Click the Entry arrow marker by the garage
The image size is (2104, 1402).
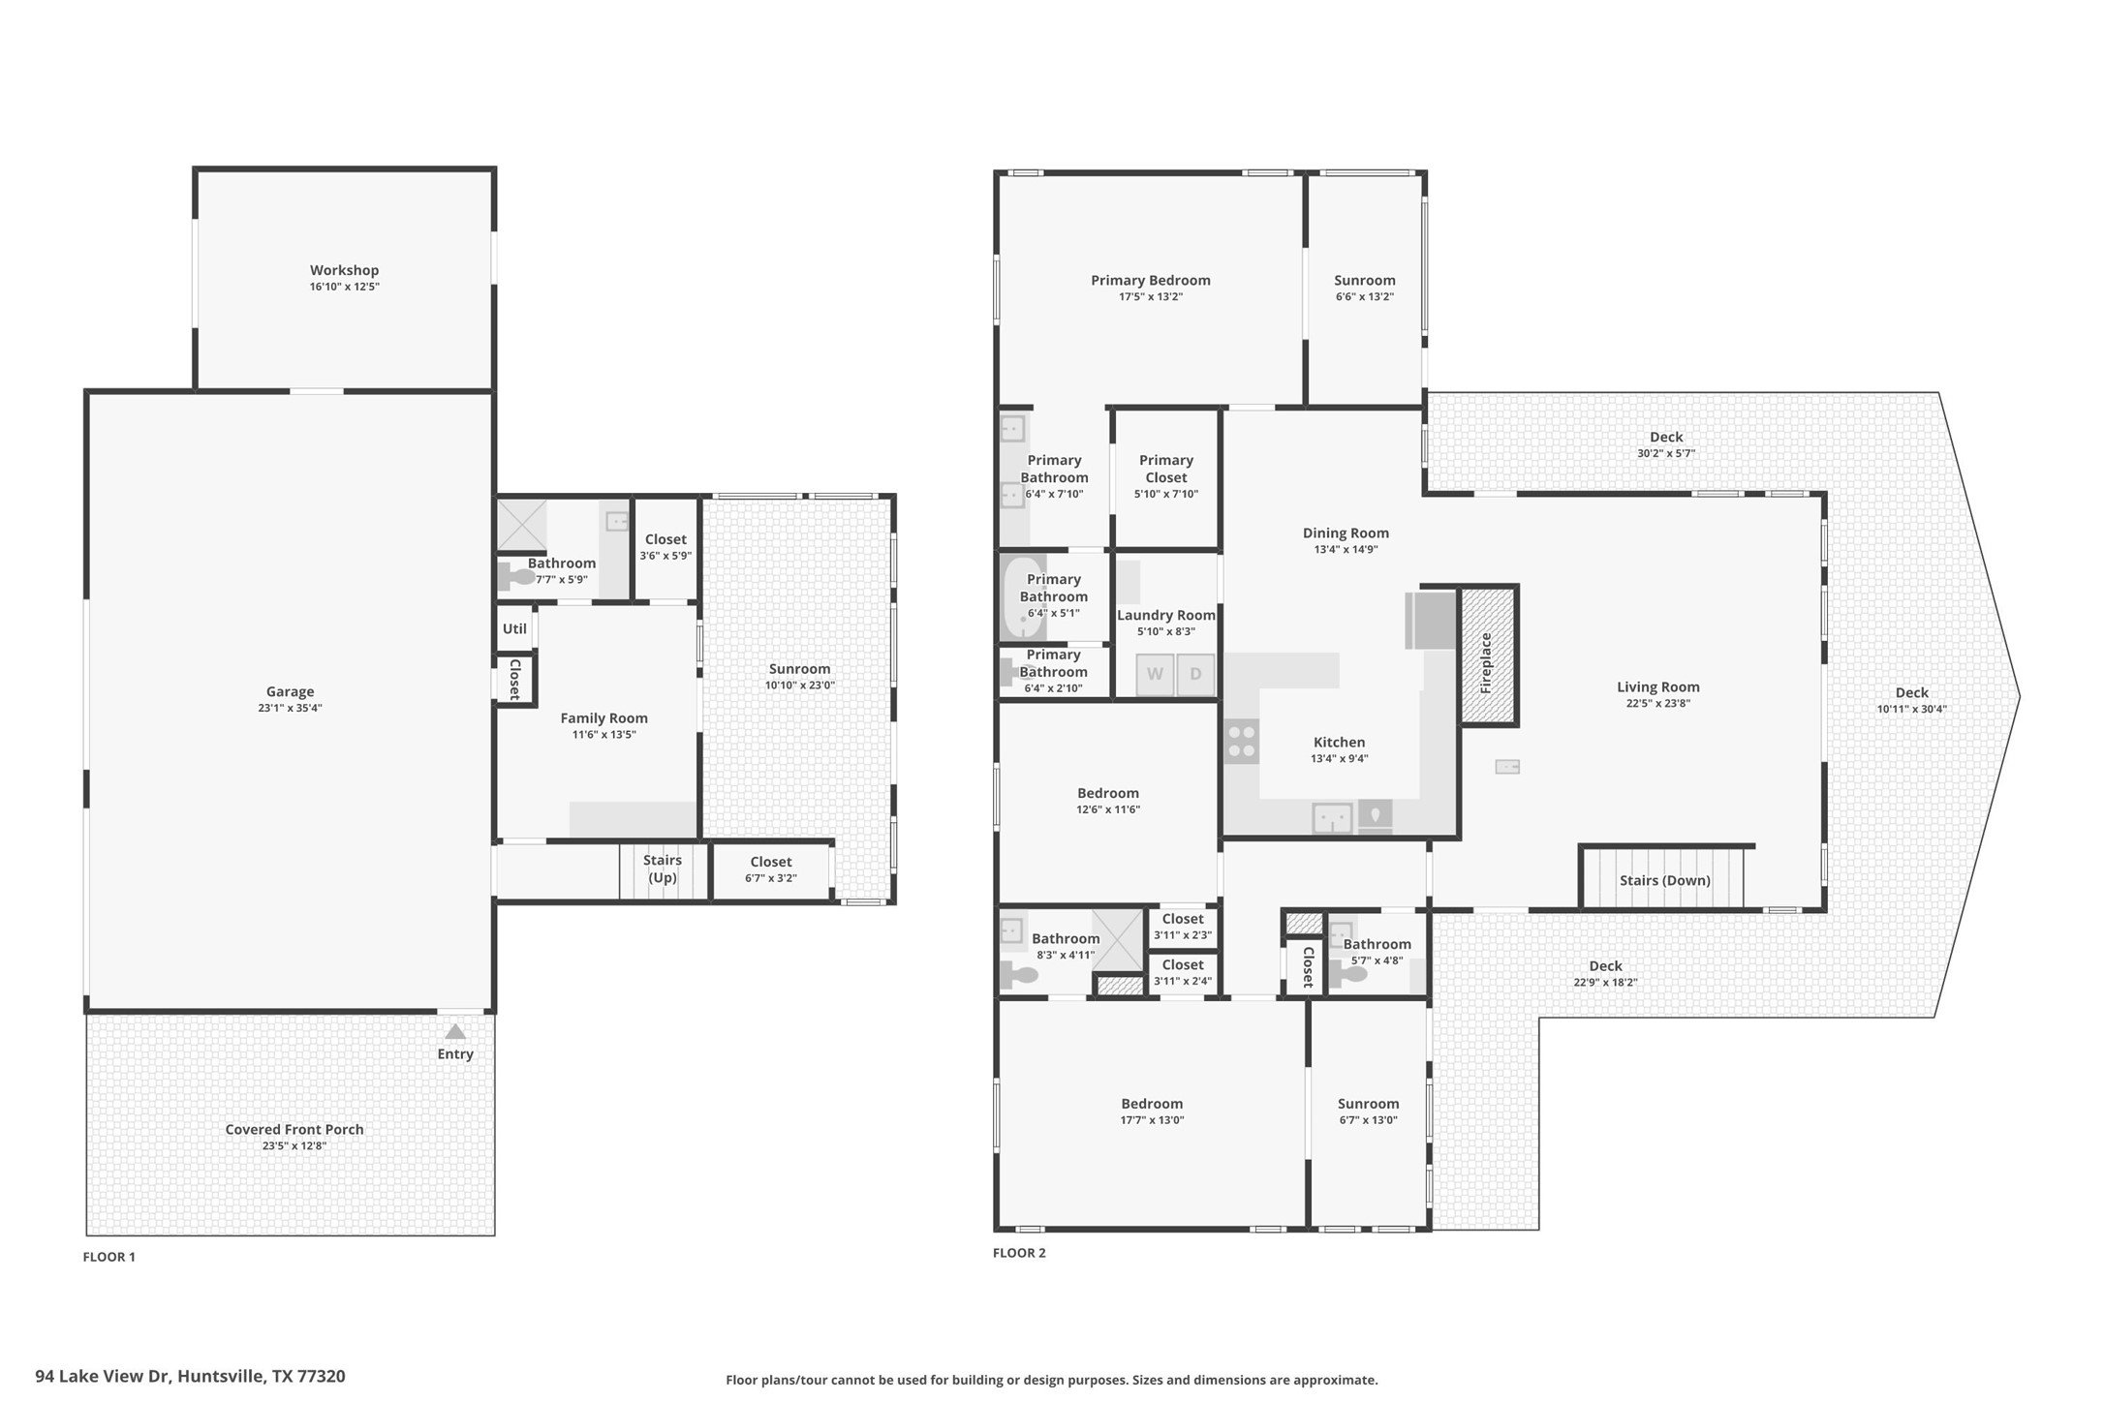point(455,1032)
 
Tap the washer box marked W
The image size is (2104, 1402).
point(1155,674)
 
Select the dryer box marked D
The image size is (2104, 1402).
point(1195,674)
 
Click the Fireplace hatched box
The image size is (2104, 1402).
point(1487,655)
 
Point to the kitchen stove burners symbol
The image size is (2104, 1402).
point(1242,742)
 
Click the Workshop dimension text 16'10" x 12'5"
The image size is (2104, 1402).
point(344,287)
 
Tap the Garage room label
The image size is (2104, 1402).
point(290,691)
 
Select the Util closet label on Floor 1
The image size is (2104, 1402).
point(514,628)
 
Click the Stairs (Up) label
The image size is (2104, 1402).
point(663,869)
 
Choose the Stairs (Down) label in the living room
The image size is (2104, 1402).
point(1664,880)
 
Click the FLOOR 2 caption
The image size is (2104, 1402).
point(1019,1252)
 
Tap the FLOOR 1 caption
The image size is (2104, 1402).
point(108,1257)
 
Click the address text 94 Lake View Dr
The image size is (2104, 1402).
point(190,1376)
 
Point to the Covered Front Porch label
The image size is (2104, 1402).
point(294,1129)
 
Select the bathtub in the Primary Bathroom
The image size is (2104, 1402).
point(1022,597)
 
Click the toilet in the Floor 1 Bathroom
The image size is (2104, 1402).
point(517,577)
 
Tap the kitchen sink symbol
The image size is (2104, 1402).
point(1332,818)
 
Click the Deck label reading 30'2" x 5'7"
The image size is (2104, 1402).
point(1665,453)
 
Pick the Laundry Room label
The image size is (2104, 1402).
point(1165,615)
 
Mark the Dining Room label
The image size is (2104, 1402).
point(1346,533)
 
